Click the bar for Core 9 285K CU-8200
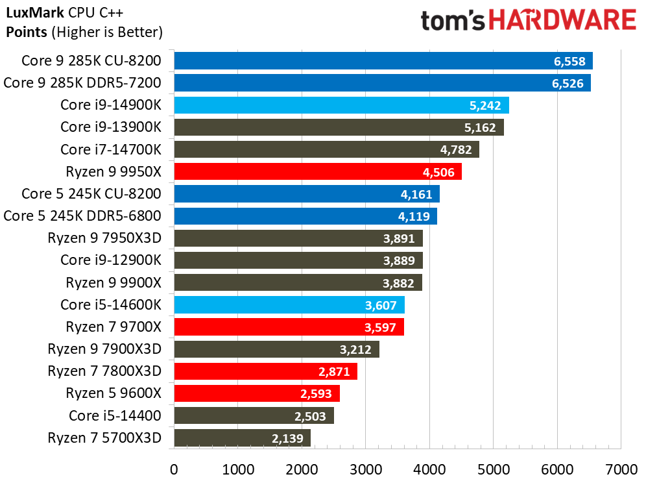point(383,61)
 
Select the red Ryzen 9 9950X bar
point(317,172)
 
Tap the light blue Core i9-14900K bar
point(341,105)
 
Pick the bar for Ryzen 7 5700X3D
point(242,438)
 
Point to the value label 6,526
point(568,83)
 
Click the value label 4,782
point(456,150)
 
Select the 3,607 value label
point(381,305)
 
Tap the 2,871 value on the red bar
point(334,371)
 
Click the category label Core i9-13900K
point(110,127)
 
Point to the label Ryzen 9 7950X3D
point(104,238)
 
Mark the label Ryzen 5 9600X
point(113,393)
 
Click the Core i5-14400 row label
point(115,415)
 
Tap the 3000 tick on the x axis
point(365,468)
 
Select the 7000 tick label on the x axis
point(621,468)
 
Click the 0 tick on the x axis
point(174,468)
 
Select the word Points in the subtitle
point(25,31)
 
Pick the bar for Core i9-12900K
point(298,260)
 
